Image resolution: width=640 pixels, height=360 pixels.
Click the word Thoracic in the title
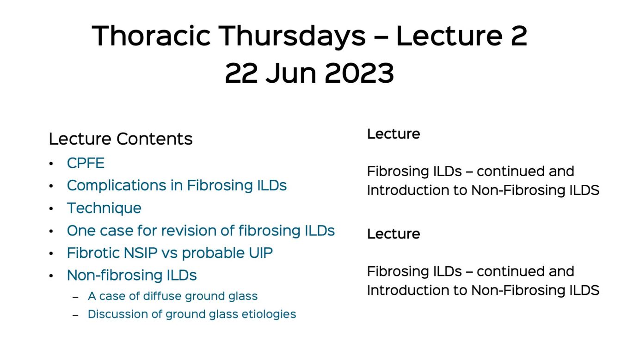(151, 36)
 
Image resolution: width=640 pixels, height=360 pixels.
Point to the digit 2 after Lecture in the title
(519, 36)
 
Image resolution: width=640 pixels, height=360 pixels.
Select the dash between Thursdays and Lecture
(381, 37)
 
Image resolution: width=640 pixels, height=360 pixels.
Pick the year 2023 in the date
(359, 73)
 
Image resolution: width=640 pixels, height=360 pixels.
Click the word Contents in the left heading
(154, 139)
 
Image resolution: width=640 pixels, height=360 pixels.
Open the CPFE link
(86, 163)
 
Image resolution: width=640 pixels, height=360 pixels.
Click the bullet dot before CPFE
(51, 164)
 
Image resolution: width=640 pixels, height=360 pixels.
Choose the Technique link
(105, 208)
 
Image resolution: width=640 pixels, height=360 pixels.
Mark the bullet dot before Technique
(51, 209)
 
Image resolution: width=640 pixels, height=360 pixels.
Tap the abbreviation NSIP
(141, 253)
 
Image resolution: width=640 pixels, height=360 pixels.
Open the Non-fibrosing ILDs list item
(132, 275)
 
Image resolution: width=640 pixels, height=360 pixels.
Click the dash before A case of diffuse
(75, 297)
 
